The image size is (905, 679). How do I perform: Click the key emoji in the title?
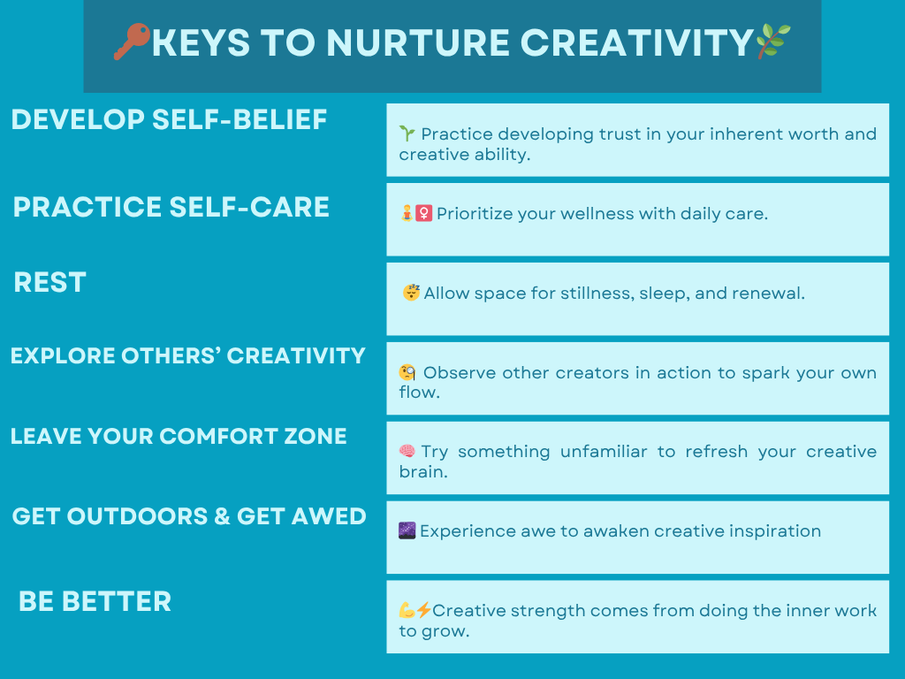click(x=132, y=42)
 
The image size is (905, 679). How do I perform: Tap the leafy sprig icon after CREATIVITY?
click(x=773, y=42)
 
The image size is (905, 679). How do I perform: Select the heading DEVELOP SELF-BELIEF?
click(x=169, y=119)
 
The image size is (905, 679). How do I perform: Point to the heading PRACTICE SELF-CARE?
click(x=171, y=207)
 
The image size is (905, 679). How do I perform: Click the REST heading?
click(x=50, y=283)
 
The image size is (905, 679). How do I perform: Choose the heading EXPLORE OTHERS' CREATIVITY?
click(x=187, y=355)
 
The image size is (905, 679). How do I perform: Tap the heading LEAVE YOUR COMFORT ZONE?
click(x=179, y=436)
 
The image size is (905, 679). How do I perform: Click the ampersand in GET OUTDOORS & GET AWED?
click(x=222, y=516)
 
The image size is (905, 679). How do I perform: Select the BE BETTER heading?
click(x=95, y=601)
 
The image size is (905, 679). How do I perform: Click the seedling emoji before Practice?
click(x=407, y=134)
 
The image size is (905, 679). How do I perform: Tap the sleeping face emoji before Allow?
click(x=411, y=293)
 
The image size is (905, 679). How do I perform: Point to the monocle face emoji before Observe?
click(x=407, y=373)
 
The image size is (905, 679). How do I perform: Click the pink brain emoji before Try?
click(x=407, y=452)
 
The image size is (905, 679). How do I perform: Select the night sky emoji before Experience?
click(x=407, y=531)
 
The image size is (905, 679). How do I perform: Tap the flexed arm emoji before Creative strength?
click(x=407, y=610)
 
